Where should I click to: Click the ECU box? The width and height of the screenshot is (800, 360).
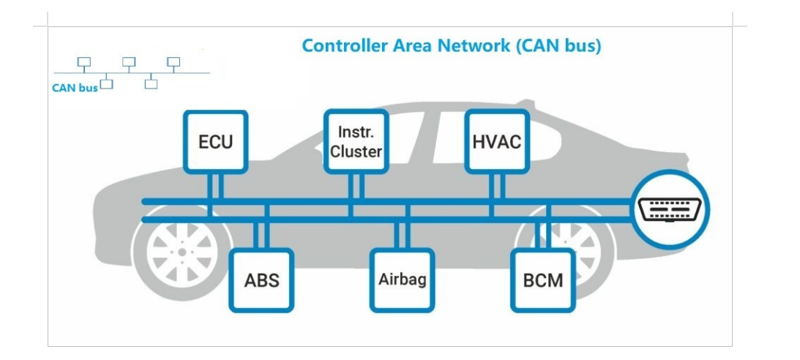click(x=215, y=141)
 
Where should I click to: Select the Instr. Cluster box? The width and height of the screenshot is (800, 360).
click(x=356, y=141)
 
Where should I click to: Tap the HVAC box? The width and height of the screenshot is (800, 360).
click(x=496, y=141)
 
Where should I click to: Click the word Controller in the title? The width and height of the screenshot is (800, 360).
click(x=340, y=46)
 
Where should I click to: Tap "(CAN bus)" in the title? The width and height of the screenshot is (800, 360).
click(x=558, y=46)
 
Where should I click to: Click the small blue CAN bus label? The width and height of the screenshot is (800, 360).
click(x=75, y=88)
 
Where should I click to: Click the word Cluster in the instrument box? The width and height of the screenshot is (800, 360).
click(x=356, y=151)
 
